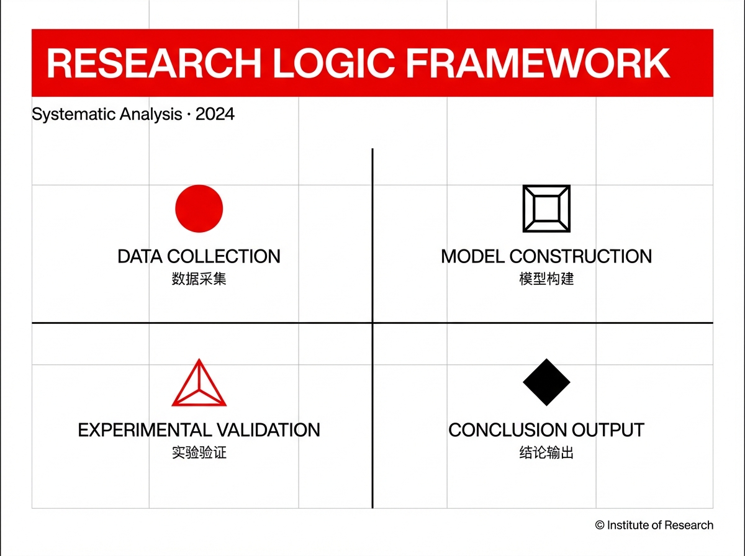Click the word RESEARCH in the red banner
pos(154,63)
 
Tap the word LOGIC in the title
pos(333,63)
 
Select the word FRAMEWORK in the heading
pos(538,63)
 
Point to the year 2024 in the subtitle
pos(215,114)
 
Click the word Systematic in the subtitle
pos(73,115)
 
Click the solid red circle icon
pos(199,208)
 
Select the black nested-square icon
pos(546,208)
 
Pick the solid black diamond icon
pos(546,382)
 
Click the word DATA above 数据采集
pos(140,256)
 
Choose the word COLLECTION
pos(223,256)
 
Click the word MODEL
pos(472,256)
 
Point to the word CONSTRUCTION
pos(580,256)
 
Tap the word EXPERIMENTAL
pos(145,430)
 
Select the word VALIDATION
pos(268,430)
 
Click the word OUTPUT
pos(608,430)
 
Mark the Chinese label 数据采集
pos(199,279)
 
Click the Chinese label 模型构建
pos(546,279)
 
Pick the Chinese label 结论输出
pos(546,452)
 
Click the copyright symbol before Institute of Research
pos(600,525)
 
